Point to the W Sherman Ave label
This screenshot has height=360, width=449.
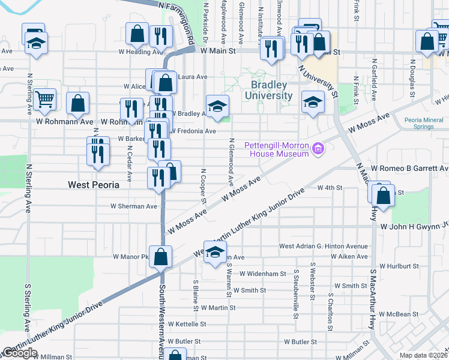pos(133,206)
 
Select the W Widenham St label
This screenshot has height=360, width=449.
pos(263,274)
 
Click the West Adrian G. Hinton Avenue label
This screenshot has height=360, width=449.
pos(323,247)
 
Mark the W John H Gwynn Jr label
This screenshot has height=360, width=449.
pos(414,226)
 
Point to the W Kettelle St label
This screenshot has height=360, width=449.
pos(187,324)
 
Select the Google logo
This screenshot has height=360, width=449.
pos(20,353)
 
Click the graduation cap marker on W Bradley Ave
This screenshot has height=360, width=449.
pos(217,106)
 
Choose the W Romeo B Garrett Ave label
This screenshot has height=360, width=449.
pos(409,169)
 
